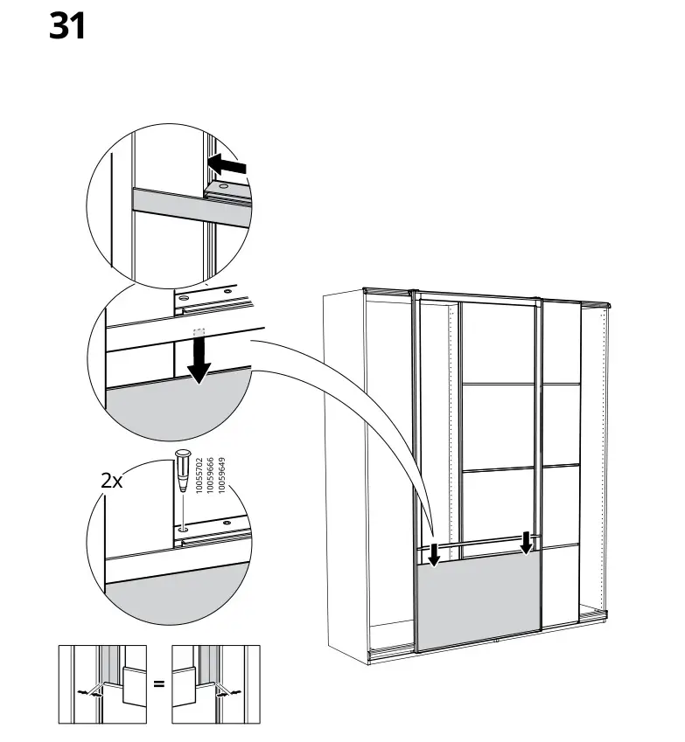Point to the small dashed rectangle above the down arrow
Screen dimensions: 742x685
(199, 333)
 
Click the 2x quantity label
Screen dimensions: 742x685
(112, 480)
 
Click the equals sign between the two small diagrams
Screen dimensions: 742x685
(158, 683)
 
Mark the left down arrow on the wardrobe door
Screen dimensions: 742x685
(433, 551)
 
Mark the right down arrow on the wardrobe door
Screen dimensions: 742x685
(526, 542)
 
